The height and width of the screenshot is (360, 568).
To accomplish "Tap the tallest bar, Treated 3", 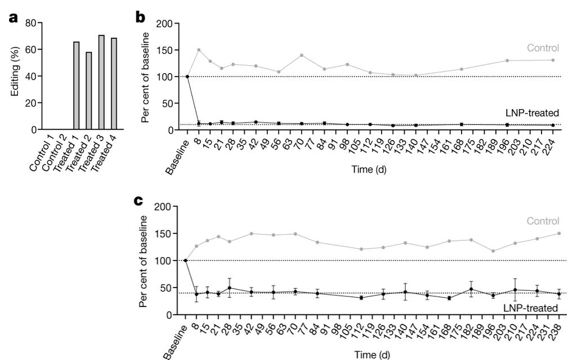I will point(101,82).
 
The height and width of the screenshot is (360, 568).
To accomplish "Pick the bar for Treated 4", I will point(114,84).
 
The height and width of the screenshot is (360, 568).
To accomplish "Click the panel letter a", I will point(14,18).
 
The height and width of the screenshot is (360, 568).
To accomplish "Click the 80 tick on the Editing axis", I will point(30,23).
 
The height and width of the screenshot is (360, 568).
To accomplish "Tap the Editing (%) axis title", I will point(14,76).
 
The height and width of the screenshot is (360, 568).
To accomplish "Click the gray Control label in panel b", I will point(543,48).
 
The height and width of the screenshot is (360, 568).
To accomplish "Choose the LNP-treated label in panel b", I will point(531,112).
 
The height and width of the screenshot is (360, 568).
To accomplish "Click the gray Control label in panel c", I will point(543,222).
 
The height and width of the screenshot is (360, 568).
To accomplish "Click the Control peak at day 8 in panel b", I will point(199,50).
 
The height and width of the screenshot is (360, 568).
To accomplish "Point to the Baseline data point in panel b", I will point(187,76).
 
